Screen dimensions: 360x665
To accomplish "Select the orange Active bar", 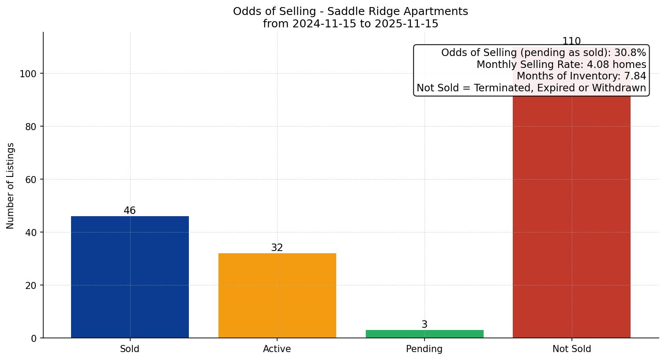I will [277, 296].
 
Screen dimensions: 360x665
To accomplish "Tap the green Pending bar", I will [425, 334].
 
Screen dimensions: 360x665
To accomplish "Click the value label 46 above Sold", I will [130, 211].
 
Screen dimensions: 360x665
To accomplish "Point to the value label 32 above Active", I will [277, 248].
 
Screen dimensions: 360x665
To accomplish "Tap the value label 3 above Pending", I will [425, 325].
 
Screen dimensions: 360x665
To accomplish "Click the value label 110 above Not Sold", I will [571, 41].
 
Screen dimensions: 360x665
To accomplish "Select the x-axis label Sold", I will [130, 349].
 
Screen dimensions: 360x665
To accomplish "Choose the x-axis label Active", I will [277, 349].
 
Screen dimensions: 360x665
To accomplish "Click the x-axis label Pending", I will [425, 349].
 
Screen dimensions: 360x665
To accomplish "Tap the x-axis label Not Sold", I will [571, 349].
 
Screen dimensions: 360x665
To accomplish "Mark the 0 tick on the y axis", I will [34, 338].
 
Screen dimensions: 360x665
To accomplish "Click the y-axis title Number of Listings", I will [11, 186].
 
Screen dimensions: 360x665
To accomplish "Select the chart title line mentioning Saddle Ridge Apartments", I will [350, 11].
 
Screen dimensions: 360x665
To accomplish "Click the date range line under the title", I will [350, 24].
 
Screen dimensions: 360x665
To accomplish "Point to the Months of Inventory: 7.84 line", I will [581, 76].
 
